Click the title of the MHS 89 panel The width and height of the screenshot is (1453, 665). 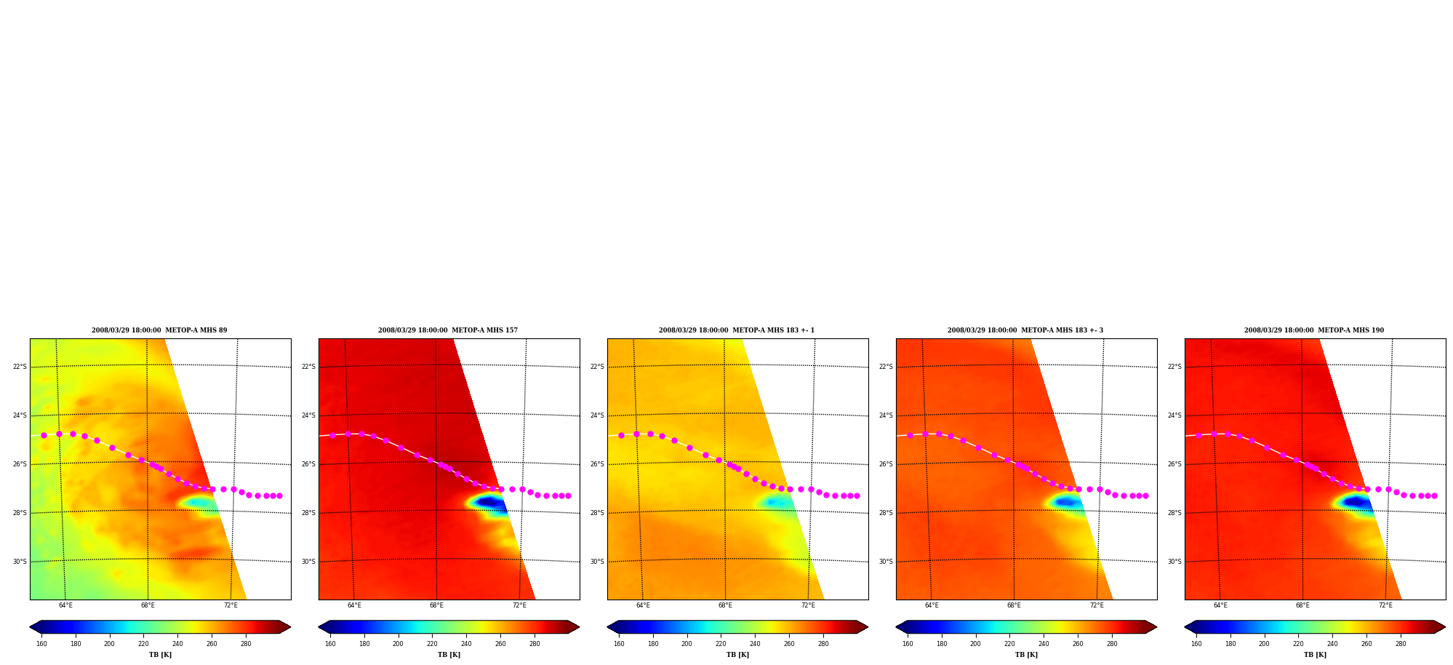click(x=159, y=330)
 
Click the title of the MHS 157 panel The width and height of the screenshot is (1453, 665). click(x=448, y=330)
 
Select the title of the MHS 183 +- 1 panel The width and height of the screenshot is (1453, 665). click(x=737, y=330)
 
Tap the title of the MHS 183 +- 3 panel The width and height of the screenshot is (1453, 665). click(x=1025, y=330)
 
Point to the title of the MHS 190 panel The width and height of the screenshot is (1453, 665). click(x=1314, y=330)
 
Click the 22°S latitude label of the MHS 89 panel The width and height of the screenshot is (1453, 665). click(x=20, y=367)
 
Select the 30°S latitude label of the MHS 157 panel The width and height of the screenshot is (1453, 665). click(x=308, y=562)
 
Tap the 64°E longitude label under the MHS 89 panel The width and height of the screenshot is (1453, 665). click(x=65, y=605)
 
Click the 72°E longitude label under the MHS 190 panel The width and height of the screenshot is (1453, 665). click(x=1385, y=605)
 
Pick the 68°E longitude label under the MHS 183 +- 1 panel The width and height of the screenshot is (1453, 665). click(x=725, y=605)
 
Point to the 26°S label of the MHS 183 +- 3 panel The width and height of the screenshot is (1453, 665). click(x=886, y=464)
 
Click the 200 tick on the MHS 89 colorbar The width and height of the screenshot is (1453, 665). click(x=109, y=643)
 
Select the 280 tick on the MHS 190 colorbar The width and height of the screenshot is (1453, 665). click(x=1401, y=643)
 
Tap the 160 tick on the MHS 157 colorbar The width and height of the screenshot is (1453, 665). click(x=330, y=643)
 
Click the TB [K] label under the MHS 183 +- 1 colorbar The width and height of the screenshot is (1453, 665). click(x=737, y=655)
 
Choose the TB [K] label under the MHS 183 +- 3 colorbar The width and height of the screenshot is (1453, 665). click(x=1026, y=655)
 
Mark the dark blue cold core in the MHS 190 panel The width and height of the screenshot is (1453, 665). click(x=1356, y=502)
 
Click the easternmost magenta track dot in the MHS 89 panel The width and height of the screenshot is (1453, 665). click(x=279, y=495)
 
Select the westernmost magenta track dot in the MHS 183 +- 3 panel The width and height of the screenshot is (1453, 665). click(x=910, y=435)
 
